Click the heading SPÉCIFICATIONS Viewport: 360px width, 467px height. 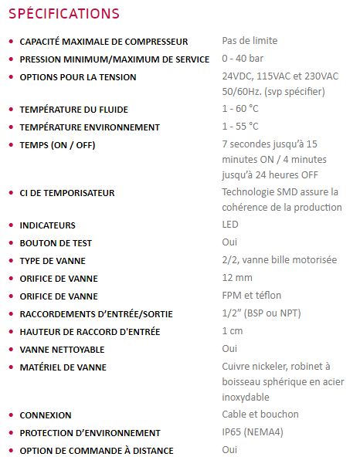tap(63, 14)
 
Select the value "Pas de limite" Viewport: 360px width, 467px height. tap(250, 40)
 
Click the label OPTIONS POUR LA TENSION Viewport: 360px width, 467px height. tap(78, 77)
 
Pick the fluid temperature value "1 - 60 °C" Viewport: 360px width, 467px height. tap(240, 109)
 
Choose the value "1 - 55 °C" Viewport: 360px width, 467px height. tap(240, 127)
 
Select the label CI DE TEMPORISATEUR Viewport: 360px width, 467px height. tap(67, 193)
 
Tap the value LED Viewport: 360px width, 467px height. tap(230, 225)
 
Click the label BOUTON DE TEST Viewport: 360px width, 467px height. tap(56, 243)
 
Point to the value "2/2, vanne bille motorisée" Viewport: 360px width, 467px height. tap(279, 260)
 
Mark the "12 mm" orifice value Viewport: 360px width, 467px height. tap(237, 278)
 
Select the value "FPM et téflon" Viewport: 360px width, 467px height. tap(251, 296)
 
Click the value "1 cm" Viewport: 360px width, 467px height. tap(233, 331)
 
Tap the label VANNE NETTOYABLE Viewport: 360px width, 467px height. tap(62, 350)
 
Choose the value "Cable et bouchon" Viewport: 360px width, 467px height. tap(260, 415)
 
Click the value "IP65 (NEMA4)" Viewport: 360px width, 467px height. tap(253, 432)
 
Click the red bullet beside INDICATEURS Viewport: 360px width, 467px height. tap(10, 225)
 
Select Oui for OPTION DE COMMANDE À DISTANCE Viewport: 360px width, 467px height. tap(229, 450)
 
